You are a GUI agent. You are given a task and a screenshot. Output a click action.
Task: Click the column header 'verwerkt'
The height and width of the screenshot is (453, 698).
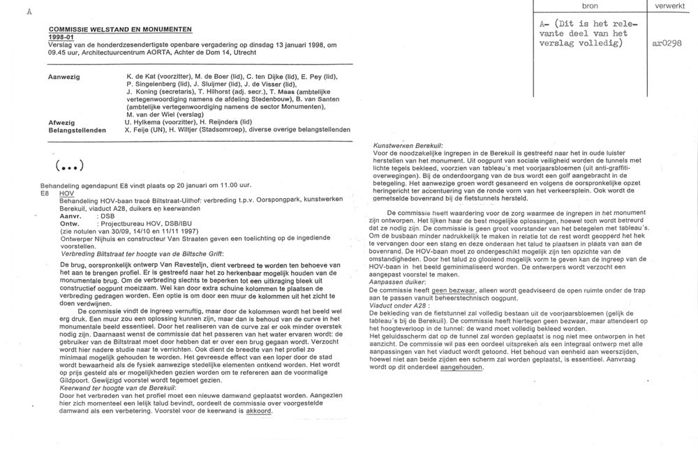[670, 6]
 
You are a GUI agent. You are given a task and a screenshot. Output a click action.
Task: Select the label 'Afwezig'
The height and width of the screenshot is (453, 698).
[61, 122]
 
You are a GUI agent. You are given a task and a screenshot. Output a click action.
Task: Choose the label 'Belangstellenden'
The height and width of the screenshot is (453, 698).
[77, 130]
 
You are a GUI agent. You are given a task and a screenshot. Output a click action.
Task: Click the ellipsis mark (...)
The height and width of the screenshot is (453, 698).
[69, 166]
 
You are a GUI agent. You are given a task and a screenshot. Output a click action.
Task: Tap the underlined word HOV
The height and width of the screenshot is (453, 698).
[66, 192]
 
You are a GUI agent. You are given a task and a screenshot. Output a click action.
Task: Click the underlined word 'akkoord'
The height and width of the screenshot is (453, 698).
[258, 411]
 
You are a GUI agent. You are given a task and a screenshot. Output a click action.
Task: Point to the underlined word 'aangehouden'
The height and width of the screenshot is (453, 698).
[464, 366]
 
